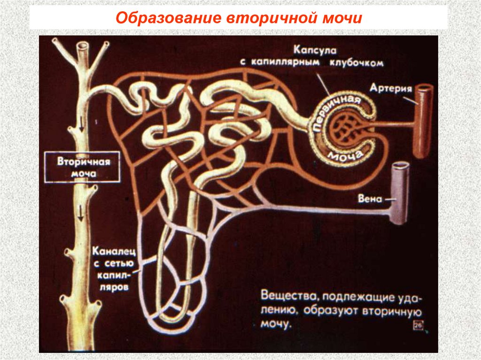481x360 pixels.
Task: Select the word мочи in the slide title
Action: (341, 19)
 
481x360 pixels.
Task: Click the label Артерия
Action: (390, 89)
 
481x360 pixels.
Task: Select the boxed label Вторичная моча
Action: (83, 168)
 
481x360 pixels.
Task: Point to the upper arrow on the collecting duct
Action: (81, 124)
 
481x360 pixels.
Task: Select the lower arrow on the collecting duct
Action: (81, 214)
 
